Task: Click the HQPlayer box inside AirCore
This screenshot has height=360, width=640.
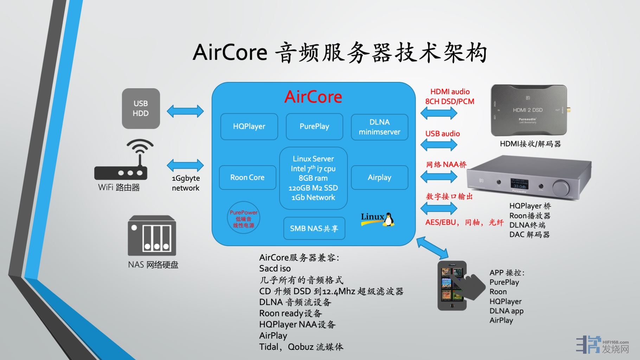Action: (x=249, y=127)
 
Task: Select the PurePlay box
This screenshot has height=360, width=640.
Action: (x=314, y=127)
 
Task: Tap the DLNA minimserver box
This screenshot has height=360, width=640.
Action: (x=379, y=127)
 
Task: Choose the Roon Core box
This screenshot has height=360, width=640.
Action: (x=247, y=178)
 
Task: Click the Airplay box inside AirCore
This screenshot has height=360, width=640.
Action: (x=379, y=178)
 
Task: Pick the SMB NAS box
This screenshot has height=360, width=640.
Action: (x=314, y=229)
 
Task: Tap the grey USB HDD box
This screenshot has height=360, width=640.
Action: (x=141, y=108)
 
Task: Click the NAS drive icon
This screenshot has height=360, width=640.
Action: (x=152, y=236)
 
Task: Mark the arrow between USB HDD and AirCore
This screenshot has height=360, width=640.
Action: (x=185, y=111)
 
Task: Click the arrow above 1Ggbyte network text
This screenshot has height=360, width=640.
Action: (x=185, y=165)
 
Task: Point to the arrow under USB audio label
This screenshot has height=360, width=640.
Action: (x=439, y=144)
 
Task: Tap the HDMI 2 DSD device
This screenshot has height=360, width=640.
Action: (x=528, y=110)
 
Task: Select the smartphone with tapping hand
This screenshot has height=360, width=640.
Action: (x=454, y=285)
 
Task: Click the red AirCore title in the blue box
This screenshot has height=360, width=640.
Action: (x=313, y=97)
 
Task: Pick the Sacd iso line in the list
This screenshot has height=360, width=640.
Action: (x=275, y=269)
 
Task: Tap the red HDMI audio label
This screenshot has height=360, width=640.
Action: (x=450, y=92)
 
